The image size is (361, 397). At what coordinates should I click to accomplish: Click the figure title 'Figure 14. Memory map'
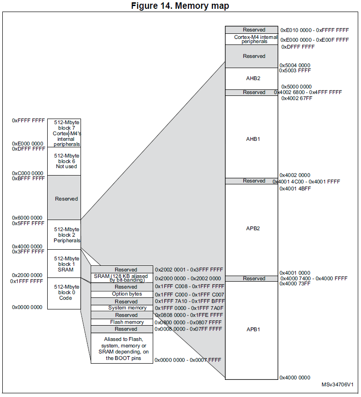(x=180, y=6)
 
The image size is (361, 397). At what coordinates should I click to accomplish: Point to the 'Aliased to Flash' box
(x=122, y=348)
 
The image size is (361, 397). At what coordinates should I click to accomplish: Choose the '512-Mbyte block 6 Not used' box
(x=64, y=161)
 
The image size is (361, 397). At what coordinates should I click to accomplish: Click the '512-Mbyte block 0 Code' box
(x=64, y=293)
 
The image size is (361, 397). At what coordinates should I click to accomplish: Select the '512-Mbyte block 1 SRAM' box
(x=64, y=264)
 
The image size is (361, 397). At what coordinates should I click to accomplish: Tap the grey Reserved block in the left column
(x=64, y=199)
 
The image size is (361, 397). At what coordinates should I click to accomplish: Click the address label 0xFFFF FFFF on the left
(x=28, y=120)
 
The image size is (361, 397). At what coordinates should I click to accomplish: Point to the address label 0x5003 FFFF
(x=295, y=71)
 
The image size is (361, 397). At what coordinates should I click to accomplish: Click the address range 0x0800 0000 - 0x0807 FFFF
(x=188, y=322)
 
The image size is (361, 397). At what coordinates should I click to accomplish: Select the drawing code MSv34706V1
(x=338, y=385)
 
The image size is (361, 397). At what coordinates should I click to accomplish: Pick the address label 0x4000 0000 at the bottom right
(x=295, y=378)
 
